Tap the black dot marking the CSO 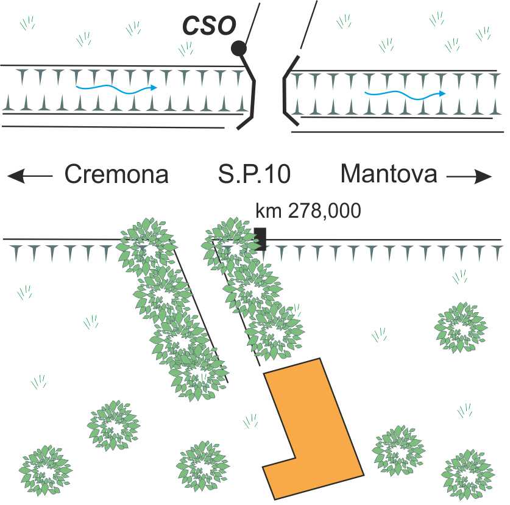point(238,48)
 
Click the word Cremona point(116,174)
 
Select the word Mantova point(389,174)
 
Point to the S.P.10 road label point(254,174)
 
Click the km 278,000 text point(308,211)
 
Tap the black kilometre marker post point(261,238)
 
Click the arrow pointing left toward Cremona point(30,176)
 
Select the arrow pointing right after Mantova point(469,177)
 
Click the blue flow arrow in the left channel point(115,89)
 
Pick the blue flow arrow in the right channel point(404,93)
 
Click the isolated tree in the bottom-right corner point(467,474)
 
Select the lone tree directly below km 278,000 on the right point(461,327)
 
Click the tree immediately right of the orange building point(398,450)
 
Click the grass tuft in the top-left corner point(27,23)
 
